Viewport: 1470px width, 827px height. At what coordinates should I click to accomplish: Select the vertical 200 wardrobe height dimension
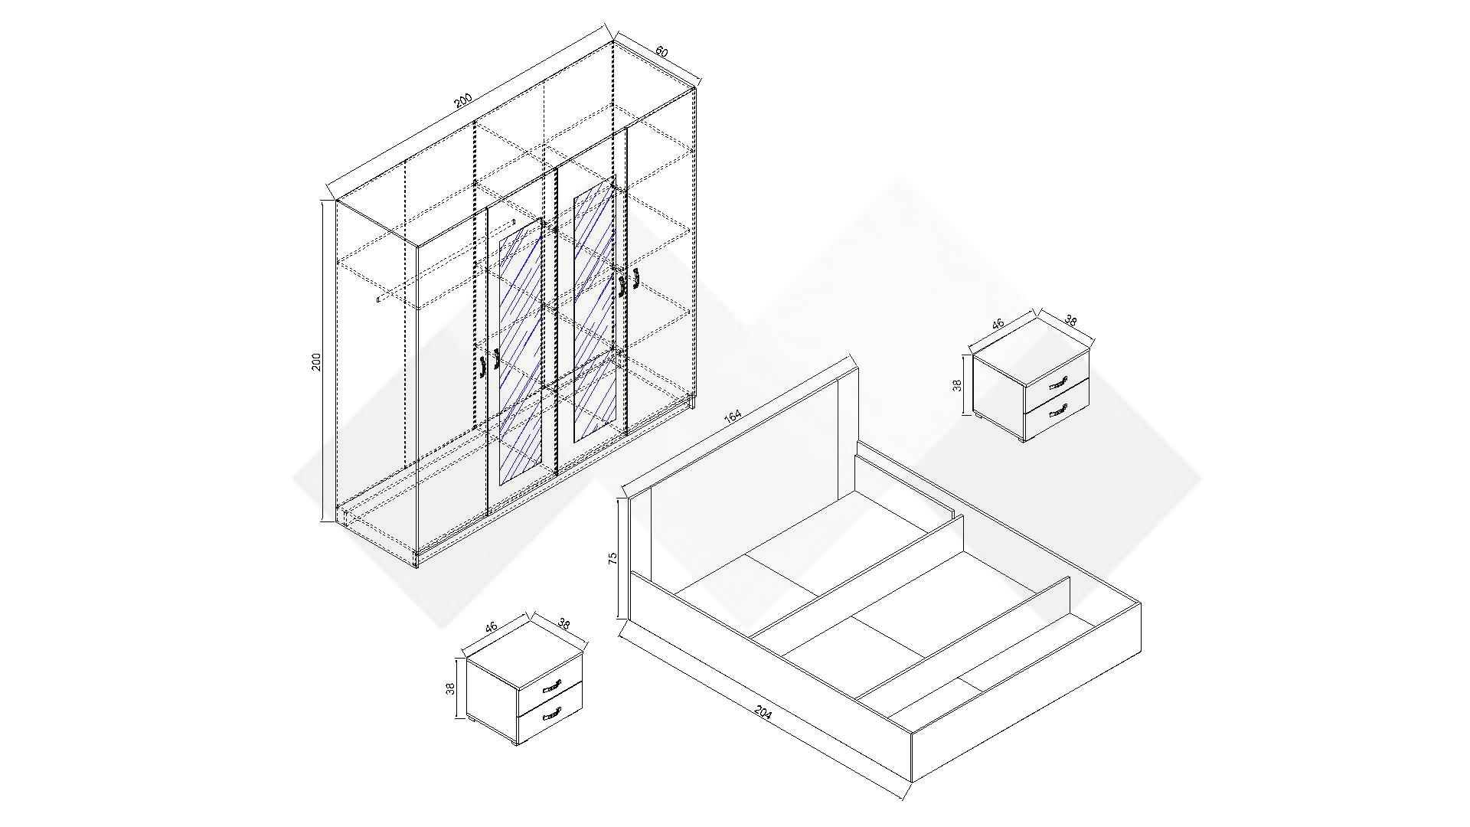pos(316,361)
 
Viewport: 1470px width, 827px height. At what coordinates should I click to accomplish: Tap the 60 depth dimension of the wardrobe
pos(661,52)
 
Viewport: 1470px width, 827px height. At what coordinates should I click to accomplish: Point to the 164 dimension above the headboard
pos(733,416)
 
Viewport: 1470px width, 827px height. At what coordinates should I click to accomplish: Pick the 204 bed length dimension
pos(763,713)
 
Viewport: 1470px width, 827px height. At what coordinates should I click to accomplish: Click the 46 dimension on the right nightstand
pos(998,324)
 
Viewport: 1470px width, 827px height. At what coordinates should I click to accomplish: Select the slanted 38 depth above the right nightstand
pos(1070,322)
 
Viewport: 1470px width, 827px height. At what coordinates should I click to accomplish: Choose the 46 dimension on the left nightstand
pos(492,626)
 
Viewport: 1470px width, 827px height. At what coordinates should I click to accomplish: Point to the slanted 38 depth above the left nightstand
pos(564,624)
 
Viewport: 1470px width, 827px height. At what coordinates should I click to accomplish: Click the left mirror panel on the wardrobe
pos(521,351)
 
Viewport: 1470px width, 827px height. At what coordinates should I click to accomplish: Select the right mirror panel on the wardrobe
pos(594,311)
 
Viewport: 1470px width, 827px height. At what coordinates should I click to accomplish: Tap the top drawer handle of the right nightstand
pos(1057,384)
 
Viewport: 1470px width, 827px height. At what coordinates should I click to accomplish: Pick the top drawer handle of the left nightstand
pos(551,687)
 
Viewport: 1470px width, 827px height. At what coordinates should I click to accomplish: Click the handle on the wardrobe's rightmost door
pos(635,281)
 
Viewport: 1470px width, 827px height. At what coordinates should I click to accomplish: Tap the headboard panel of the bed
pos(743,467)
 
